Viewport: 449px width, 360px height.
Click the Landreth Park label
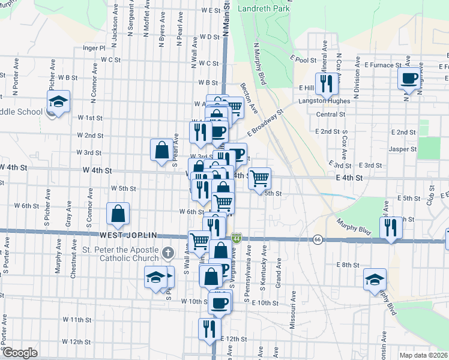point(264,8)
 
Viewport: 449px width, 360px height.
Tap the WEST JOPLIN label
point(128,235)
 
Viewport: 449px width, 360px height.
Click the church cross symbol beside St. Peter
point(168,253)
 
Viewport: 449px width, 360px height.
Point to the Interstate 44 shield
point(238,239)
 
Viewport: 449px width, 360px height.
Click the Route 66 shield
point(316,240)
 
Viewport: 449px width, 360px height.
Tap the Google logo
point(20,353)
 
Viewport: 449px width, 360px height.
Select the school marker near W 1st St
point(59,102)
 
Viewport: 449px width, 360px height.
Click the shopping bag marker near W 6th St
point(119,214)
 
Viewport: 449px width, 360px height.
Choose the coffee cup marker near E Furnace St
point(409,78)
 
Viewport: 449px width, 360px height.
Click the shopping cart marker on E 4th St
point(259,179)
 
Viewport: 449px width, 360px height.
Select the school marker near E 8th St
point(375,280)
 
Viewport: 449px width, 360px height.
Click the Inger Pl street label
point(94,47)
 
